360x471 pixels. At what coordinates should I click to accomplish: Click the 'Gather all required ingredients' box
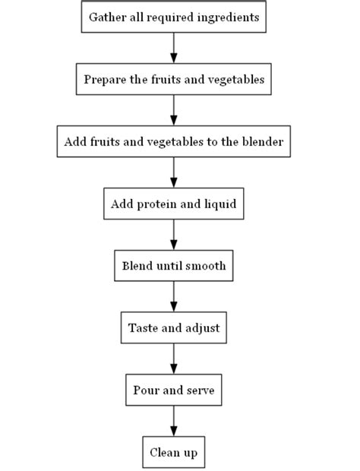coord(173,17)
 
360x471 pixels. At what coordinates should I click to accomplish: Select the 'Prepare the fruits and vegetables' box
coord(173,79)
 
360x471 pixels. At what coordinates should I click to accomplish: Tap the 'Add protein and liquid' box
coord(173,204)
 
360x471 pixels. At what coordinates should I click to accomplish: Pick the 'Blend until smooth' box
coord(173,266)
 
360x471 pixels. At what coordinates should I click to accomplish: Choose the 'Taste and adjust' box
coord(173,328)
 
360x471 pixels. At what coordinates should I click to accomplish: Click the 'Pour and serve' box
coord(173,390)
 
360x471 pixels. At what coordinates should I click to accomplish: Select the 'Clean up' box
coord(173,453)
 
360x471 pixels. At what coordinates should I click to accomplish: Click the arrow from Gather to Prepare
coord(173,48)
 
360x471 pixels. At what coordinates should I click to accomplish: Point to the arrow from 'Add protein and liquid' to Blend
coord(173,235)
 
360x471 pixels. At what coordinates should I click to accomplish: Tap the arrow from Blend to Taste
coord(173,297)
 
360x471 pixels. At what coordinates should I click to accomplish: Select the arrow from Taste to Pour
coord(173,359)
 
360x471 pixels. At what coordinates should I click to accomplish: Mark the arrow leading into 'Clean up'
coord(173,422)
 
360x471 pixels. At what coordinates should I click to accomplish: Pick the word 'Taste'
coord(143,328)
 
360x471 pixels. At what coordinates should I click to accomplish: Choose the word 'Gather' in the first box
coord(106,17)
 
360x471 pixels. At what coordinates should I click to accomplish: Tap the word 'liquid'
coord(219,204)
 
